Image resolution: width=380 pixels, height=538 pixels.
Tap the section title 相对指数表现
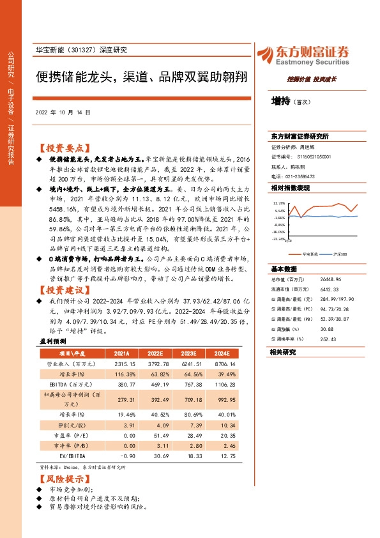click(290, 188)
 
